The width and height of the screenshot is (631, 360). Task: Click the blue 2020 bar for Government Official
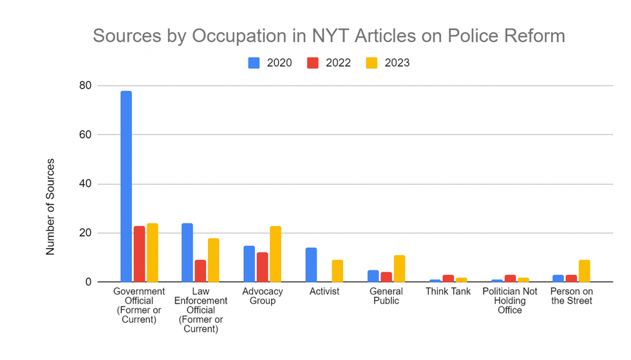pyautogui.click(x=126, y=187)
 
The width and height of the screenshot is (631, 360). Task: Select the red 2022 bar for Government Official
pyautogui.click(x=139, y=254)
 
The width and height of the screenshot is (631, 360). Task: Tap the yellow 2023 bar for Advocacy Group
pyautogui.click(x=276, y=254)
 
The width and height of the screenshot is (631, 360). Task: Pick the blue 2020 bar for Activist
pyautogui.click(x=311, y=265)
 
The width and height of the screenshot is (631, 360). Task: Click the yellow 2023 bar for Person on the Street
pyautogui.click(x=584, y=271)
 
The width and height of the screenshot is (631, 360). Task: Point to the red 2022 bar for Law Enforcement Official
pyautogui.click(x=200, y=271)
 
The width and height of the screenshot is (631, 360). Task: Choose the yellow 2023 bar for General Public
pyautogui.click(x=399, y=269)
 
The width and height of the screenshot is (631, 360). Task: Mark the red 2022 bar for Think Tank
pyautogui.click(x=448, y=278)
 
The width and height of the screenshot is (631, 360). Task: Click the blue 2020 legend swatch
pyautogui.click(x=254, y=62)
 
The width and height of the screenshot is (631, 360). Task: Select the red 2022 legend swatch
pyautogui.click(x=313, y=62)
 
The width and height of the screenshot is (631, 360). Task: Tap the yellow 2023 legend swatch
pyautogui.click(x=372, y=62)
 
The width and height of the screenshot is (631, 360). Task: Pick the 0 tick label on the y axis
pyautogui.click(x=89, y=282)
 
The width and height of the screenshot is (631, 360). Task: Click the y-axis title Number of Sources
pyautogui.click(x=51, y=206)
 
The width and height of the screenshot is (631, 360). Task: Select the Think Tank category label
pyautogui.click(x=448, y=292)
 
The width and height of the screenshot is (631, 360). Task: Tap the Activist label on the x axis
pyautogui.click(x=324, y=292)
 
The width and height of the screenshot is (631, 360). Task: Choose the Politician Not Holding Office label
pyautogui.click(x=510, y=301)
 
